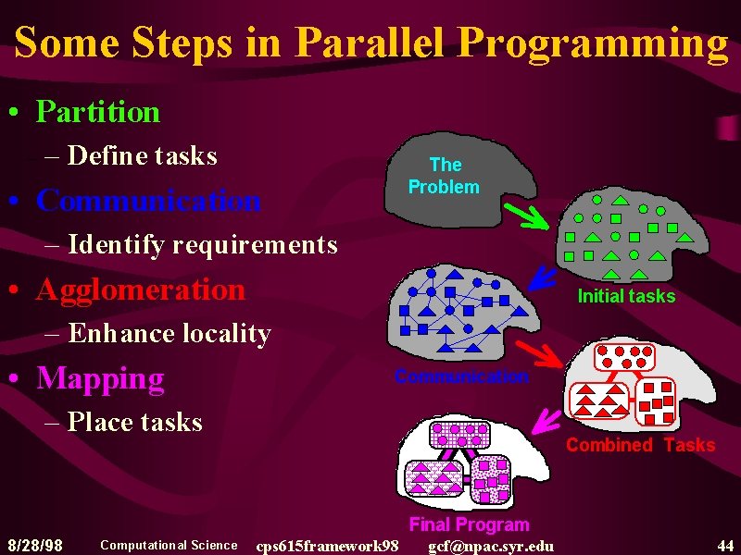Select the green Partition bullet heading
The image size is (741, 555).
(x=98, y=111)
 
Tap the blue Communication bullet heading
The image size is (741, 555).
(x=148, y=200)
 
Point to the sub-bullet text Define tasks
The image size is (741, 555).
(x=143, y=154)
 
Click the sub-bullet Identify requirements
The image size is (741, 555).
(x=203, y=245)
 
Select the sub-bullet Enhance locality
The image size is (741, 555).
(x=170, y=333)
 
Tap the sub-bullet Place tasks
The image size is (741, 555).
(x=135, y=422)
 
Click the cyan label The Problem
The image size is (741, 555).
(x=444, y=176)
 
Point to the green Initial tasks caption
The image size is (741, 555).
(x=627, y=296)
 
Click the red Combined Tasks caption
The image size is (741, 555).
(x=641, y=445)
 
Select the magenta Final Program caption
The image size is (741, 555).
(x=470, y=524)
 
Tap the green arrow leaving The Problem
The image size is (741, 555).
(x=527, y=216)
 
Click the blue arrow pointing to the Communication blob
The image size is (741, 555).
(x=542, y=278)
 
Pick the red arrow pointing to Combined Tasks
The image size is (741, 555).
(x=539, y=354)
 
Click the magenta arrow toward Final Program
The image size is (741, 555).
(x=546, y=422)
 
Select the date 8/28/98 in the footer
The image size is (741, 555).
(x=35, y=546)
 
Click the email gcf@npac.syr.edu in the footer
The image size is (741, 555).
(x=491, y=547)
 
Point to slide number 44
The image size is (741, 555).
(x=725, y=546)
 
